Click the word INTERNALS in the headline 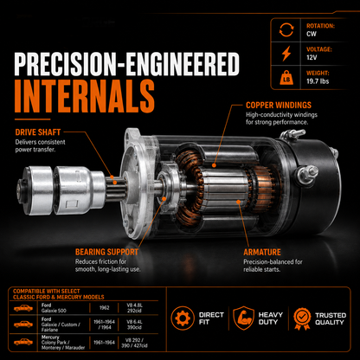(84, 97)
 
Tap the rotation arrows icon (286, 30)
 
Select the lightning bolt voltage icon (286, 54)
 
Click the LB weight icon (286, 78)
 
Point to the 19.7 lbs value (318, 81)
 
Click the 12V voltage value (312, 57)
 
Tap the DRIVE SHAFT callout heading (38, 132)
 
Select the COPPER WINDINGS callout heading (279, 105)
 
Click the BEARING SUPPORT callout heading (106, 252)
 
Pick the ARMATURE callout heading (262, 252)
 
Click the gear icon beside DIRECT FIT (183, 318)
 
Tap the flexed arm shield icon (244, 318)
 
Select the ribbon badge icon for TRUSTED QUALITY (302, 318)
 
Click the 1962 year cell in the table (104, 308)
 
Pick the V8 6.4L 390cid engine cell (134, 325)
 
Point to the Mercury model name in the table (50, 337)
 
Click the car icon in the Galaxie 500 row (23, 308)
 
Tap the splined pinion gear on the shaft (116, 188)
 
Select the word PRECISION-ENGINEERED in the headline (126, 64)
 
